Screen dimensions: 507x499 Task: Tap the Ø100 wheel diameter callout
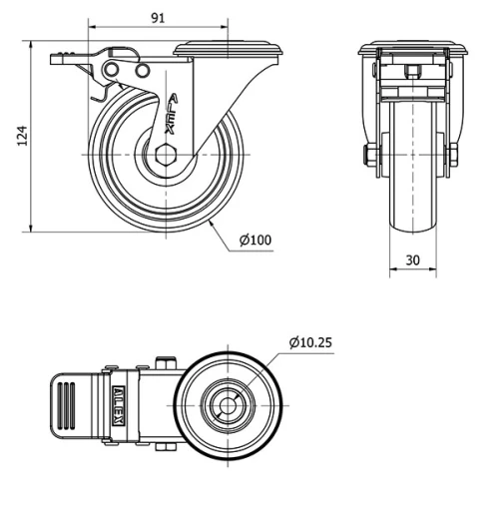tap(255, 240)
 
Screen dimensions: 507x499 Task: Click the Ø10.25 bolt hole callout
tap(310, 342)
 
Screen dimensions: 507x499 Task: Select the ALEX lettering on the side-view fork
tap(173, 113)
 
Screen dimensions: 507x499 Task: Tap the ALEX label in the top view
tap(118, 405)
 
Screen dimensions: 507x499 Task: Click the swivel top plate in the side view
tap(229, 48)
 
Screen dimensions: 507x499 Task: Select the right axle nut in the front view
tap(452, 155)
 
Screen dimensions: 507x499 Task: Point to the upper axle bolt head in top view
tap(168, 363)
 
